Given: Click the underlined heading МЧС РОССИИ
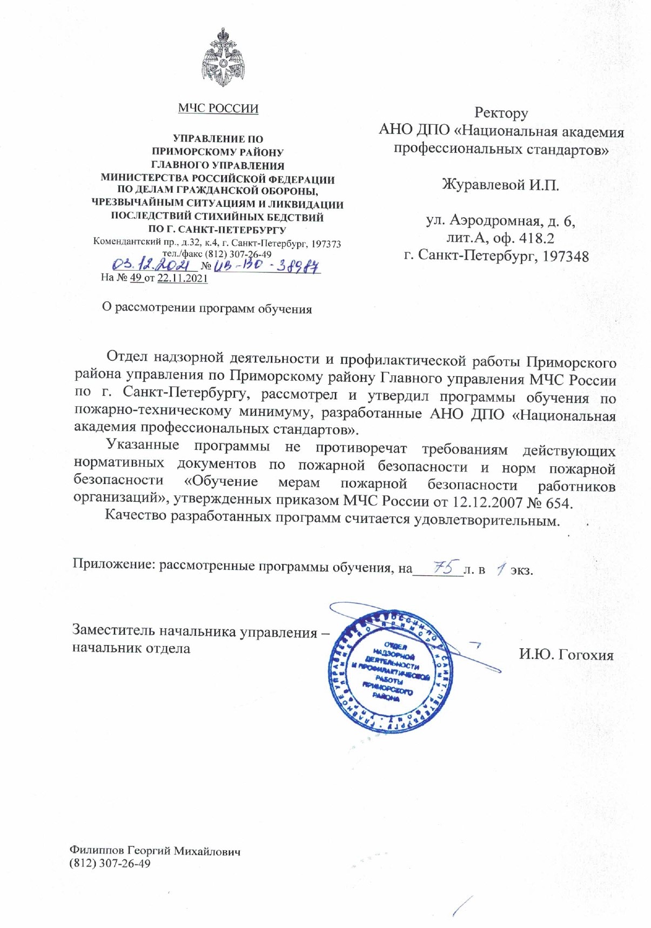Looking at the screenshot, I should point(218,109).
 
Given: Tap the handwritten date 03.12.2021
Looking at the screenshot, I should point(152,265).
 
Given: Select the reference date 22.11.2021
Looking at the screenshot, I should point(182,279).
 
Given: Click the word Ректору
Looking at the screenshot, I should point(501,113).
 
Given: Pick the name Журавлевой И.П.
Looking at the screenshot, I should point(500,185).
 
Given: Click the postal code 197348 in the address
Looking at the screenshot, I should point(566,256).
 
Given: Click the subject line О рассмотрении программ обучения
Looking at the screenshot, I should point(207,308).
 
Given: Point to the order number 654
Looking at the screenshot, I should point(558,503).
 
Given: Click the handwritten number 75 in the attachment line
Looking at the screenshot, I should point(442,567).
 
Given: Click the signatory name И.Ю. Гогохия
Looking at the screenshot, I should point(566,655).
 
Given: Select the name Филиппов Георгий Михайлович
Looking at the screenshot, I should point(155,851).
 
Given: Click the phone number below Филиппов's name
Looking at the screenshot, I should point(110,863).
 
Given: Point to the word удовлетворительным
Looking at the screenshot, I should point(486,521).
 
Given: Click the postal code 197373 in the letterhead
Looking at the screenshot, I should point(326,244).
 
